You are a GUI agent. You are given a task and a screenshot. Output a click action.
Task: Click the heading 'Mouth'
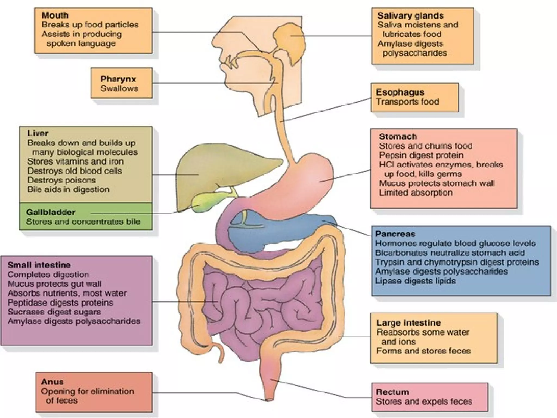[55, 15]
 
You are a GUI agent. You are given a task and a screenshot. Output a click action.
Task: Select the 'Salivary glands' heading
[410, 16]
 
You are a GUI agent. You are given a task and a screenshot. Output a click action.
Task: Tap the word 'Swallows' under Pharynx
[119, 88]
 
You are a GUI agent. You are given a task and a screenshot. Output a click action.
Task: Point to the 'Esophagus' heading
[400, 92]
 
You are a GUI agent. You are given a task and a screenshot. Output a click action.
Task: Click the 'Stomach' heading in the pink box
[398, 136]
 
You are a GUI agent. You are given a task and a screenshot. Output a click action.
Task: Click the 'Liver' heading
[38, 133]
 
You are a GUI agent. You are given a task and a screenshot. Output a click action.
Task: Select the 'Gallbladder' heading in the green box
[51, 212]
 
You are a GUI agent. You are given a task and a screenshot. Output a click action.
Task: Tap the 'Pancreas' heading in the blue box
[395, 234]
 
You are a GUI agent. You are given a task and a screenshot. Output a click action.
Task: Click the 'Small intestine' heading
[39, 265]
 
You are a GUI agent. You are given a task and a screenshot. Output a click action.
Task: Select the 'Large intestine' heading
[408, 323]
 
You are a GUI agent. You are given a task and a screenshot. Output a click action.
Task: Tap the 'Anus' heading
[52, 382]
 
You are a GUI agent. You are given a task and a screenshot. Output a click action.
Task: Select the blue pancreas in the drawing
[272, 229]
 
